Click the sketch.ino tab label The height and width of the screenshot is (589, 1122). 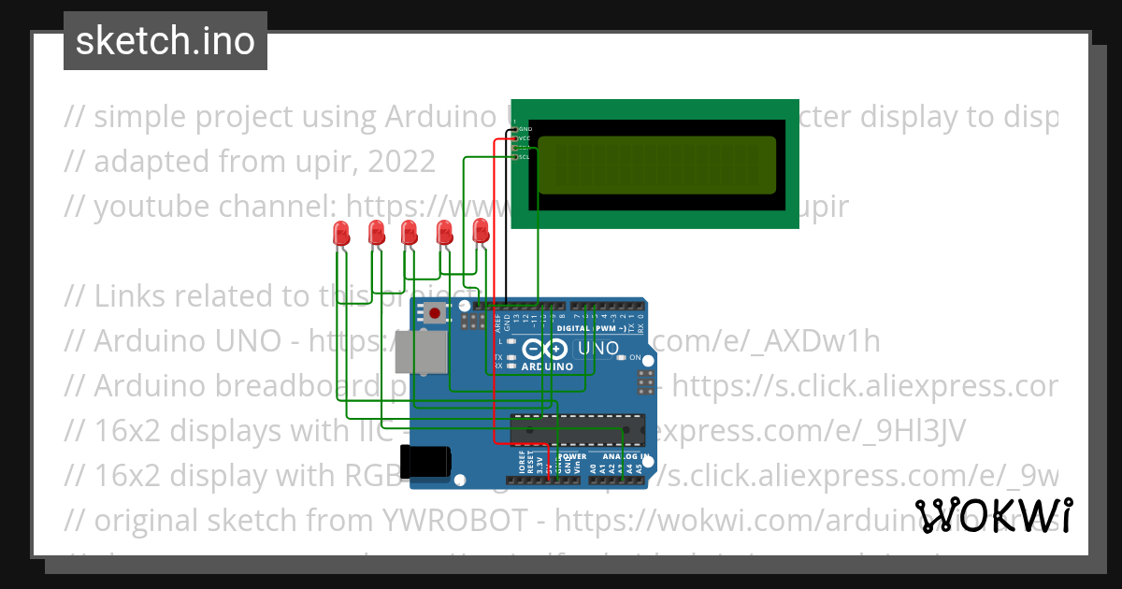pyautogui.click(x=165, y=41)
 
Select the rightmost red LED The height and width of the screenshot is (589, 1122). pyautogui.click(x=481, y=230)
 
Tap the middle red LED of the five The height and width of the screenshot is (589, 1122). pyautogui.click(x=410, y=232)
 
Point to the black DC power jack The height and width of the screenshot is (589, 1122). pyautogui.click(x=425, y=460)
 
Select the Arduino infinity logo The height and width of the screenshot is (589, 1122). pyautogui.click(x=545, y=351)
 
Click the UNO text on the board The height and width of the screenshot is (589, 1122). pyautogui.click(x=597, y=349)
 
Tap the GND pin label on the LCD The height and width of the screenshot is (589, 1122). pyautogui.click(x=525, y=128)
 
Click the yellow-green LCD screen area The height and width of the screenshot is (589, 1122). pyautogui.click(x=657, y=165)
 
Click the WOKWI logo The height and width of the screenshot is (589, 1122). pyautogui.click(x=993, y=516)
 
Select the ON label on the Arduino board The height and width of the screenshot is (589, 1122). pyautogui.click(x=634, y=358)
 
